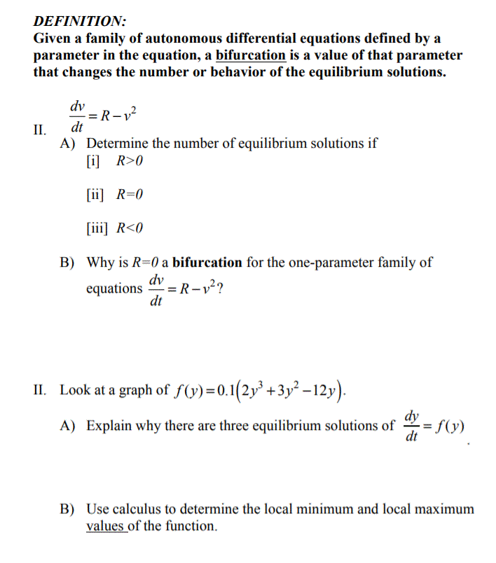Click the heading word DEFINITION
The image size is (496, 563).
coord(79,21)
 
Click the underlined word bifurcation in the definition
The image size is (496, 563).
coord(251,55)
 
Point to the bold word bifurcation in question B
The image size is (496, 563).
coord(207,263)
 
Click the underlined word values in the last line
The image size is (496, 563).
coord(105,526)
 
